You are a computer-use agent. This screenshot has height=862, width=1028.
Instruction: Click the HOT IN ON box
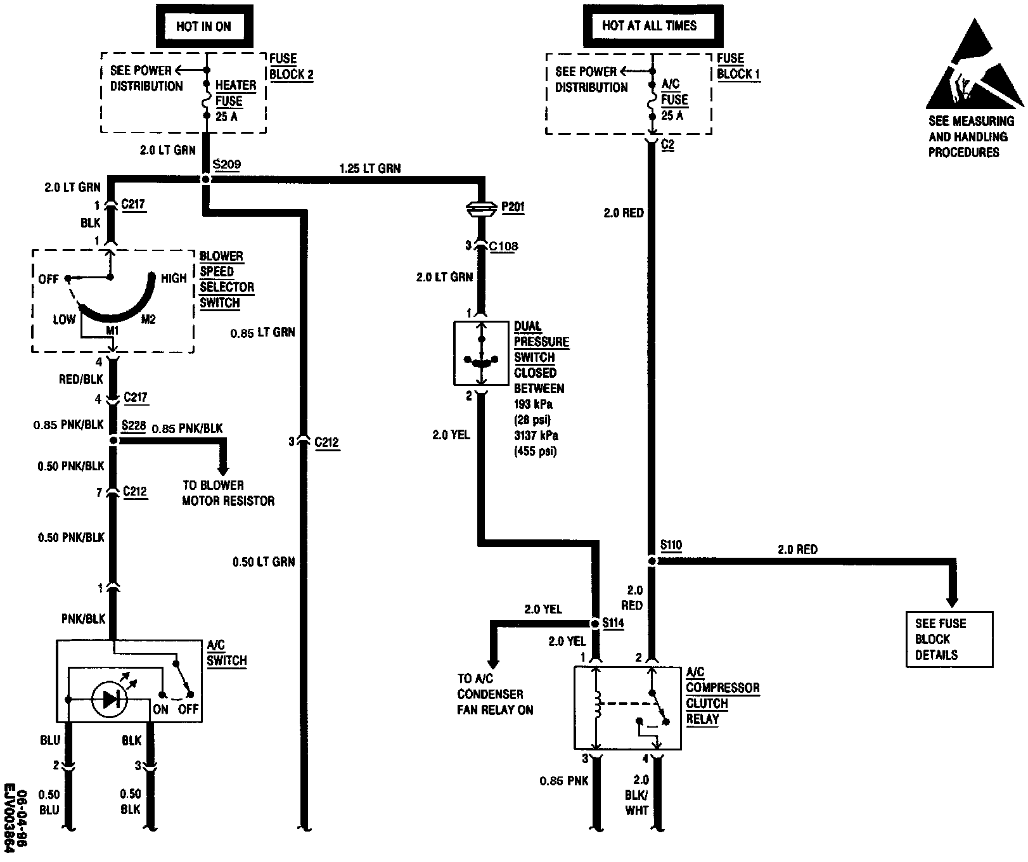coord(203,27)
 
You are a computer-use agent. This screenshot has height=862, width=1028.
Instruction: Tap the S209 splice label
coord(226,165)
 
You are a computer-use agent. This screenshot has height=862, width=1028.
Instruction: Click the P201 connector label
coord(513,207)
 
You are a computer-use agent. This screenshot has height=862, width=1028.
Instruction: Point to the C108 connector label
coord(504,246)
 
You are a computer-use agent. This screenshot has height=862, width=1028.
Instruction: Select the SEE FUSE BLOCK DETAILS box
coord(949,639)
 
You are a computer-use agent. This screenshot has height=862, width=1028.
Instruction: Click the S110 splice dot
coord(652,561)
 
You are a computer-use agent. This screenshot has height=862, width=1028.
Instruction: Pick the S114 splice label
coord(613,623)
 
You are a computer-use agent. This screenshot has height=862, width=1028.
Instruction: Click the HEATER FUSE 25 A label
coord(235,101)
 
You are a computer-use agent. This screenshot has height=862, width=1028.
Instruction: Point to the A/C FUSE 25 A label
coord(674,100)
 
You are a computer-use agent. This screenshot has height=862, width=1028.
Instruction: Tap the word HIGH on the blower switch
coord(174,278)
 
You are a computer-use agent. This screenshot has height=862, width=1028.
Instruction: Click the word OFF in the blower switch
coord(48,280)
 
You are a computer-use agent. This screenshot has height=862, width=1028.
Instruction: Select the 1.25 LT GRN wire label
coord(369,169)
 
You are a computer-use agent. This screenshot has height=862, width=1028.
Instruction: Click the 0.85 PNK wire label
coord(563,781)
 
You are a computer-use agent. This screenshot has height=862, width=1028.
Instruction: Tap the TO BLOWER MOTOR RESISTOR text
coord(228,493)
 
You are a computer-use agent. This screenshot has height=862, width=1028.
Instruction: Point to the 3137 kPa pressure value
coord(536,436)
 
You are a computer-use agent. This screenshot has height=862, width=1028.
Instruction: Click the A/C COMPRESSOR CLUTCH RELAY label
coord(722,695)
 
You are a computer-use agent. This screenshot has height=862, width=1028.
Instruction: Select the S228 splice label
coord(134,425)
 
